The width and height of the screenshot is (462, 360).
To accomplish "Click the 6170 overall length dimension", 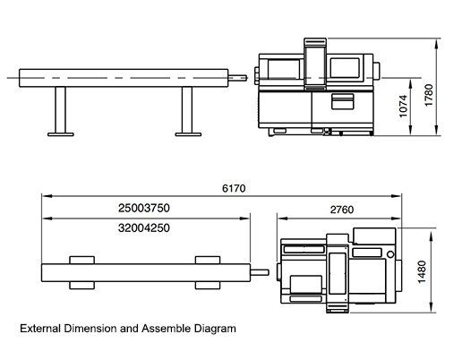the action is coord(234,188).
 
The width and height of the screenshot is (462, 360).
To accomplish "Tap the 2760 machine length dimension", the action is coord(342,210).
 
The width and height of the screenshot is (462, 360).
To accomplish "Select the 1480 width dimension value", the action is coord(422,272).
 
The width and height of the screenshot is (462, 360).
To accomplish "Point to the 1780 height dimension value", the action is coord(429,95).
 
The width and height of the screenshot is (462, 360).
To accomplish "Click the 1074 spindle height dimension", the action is coord(403,106).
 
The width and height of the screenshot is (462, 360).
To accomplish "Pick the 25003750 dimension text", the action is coord(144,208).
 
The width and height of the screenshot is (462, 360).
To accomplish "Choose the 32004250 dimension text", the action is coord(144,228).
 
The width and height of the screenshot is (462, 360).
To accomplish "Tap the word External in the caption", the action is coord(40,329).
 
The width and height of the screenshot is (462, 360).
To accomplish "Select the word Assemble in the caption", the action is coord(166,329).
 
